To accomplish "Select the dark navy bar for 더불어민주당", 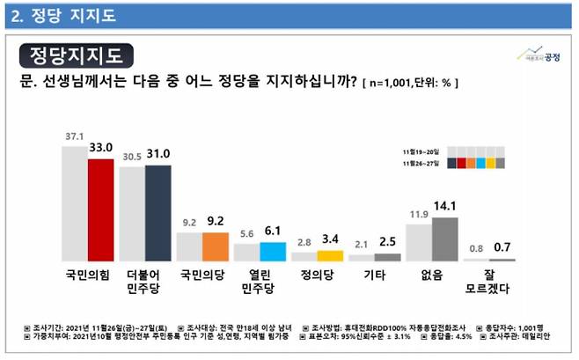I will [x=158, y=212].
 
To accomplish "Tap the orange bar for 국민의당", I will [x=216, y=246].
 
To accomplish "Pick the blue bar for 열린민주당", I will [x=273, y=251].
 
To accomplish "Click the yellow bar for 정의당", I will [x=330, y=255].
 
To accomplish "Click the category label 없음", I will [x=431, y=275].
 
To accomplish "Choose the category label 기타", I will [x=374, y=275].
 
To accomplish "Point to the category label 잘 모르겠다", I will [x=489, y=282].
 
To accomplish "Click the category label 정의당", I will [x=317, y=275].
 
